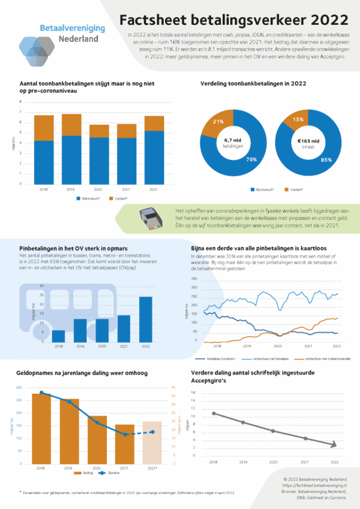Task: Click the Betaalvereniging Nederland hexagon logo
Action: point(36,48)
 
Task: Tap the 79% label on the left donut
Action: point(252,160)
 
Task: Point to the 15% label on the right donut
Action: point(298,119)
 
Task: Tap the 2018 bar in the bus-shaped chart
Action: point(59,336)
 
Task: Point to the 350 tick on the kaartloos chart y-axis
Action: point(194,279)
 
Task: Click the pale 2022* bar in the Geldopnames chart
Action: point(152,442)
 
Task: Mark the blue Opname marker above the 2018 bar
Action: point(41,393)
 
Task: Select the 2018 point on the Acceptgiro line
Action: point(213,414)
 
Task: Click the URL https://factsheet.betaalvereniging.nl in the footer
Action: point(314,484)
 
